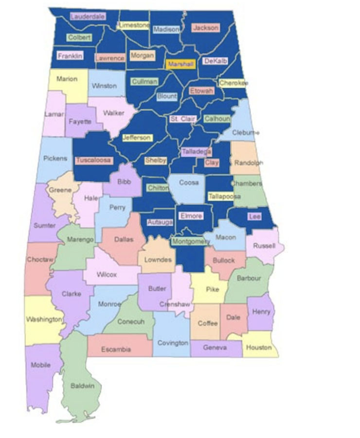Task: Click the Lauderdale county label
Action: coord(88,17)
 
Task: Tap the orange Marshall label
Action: coord(180,64)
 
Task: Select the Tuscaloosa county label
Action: coord(94,160)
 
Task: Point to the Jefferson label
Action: coord(137,138)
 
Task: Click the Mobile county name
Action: coord(40,365)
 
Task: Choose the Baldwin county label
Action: coord(82,386)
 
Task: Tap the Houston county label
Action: coord(259,347)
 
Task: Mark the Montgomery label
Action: coord(191,241)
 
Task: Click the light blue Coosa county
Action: coord(188,187)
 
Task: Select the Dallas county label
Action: coord(123,239)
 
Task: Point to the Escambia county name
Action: coord(116,349)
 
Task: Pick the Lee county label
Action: coord(254,217)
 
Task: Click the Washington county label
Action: coord(44,320)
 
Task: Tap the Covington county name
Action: coord(173,343)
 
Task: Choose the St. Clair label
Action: coord(181,119)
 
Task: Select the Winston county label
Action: coord(104,86)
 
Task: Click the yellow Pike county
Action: coord(213,289)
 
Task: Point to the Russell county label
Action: coord(264,246)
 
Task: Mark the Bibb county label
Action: coord(124,182)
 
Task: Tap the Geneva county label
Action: coord(215,347)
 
